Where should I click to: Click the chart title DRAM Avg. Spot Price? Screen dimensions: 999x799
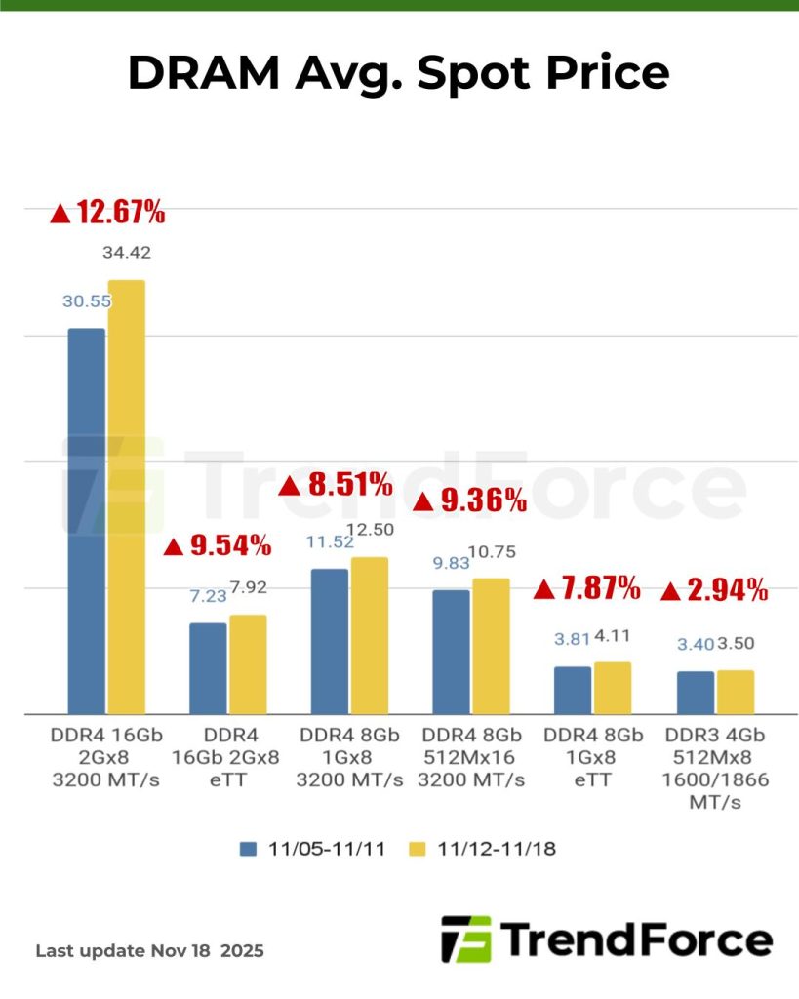(399, 73)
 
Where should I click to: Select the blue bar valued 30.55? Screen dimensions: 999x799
(86, 520)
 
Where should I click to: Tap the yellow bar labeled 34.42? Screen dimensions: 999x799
(127, 497)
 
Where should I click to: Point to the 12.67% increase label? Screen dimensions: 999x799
(107, 212)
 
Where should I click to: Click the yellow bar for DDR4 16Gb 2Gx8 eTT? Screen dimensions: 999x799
(248, 663)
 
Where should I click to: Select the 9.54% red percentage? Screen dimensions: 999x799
(217, 545)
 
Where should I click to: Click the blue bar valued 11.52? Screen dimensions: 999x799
(330, 641)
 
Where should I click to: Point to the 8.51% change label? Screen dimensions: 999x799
(337, 483)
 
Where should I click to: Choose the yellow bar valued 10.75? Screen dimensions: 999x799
(491, 646)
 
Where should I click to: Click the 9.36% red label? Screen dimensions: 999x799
(471, 501)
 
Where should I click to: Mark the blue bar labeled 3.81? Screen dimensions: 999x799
(574, 690)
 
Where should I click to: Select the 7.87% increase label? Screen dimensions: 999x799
(587, 588)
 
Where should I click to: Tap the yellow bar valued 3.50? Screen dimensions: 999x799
(736, 692)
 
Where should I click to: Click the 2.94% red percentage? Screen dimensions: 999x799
(714, 590)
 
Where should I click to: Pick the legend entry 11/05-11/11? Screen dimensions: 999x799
(312, 849)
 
